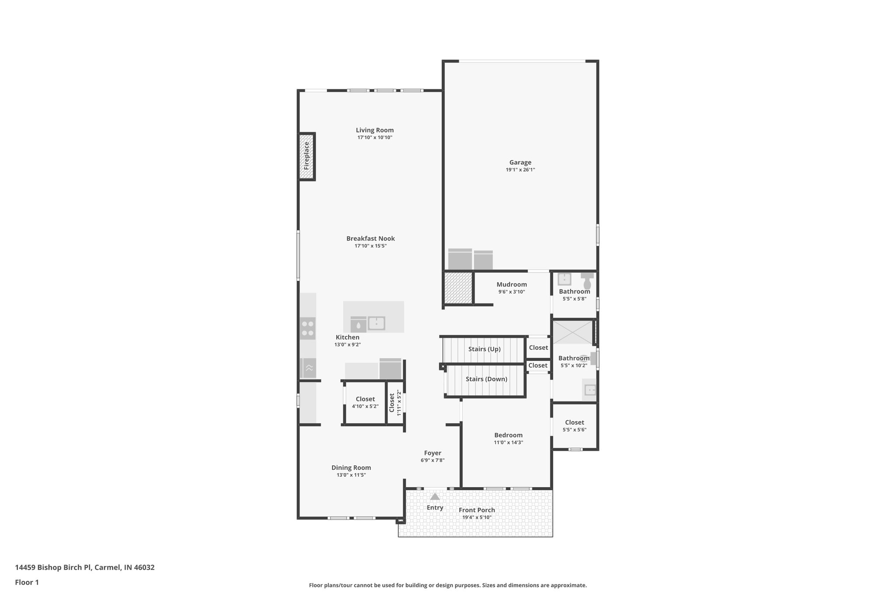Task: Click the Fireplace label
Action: (307, 156)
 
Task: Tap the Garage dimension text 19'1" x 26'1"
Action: (520, 170)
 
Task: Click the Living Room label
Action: (374, 130)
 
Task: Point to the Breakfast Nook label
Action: (371, 238)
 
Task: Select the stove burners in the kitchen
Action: (308, 328)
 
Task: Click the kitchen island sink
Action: (376, 324)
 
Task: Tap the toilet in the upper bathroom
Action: (587, 282)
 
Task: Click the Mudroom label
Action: (511, 284)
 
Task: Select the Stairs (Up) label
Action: (484, 349)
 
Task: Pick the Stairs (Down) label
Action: (486, 379)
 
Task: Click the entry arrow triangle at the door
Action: (434, 497)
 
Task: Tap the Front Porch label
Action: (477, 510)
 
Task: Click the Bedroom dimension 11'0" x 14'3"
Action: (508, 443)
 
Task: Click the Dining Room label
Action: (351, 468)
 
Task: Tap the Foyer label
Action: (432, 453)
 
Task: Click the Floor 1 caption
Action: (27, 583)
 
